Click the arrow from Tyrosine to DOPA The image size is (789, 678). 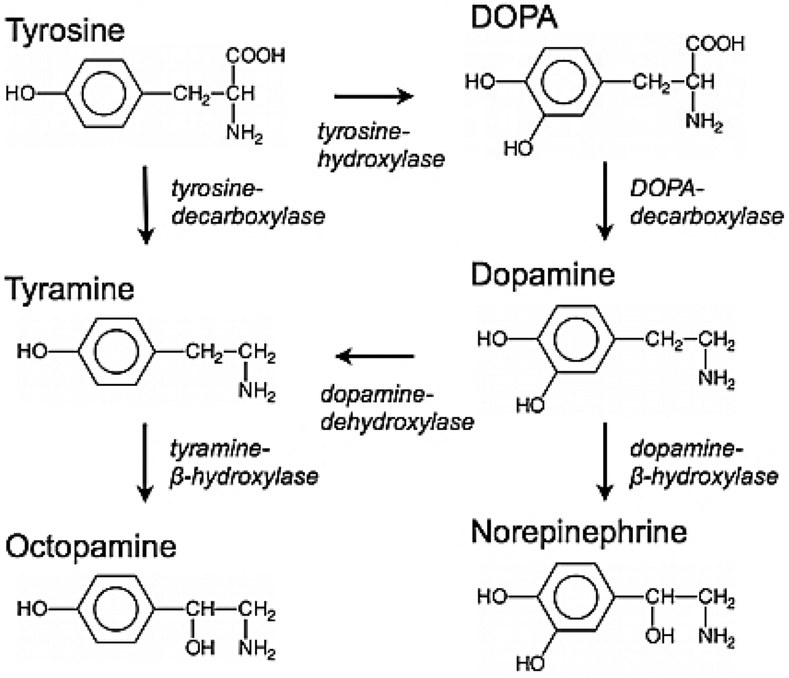click(x=374, y=96)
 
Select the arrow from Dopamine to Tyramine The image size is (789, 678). click(x=375, y=357)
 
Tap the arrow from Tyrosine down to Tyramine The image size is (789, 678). click(x=145, y=205)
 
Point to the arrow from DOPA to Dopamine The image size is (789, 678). click(x=605, y=201)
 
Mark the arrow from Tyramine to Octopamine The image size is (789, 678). click(x=145, y=462)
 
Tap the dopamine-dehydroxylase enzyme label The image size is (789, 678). click(x=397, y=409)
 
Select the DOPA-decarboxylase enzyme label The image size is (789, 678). click(x=707, y=204)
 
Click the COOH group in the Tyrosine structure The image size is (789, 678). click(x=255, y=56)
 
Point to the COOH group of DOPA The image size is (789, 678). click(x=715, y=44)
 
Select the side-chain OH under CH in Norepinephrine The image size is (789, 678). click(x=659, y=636)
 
